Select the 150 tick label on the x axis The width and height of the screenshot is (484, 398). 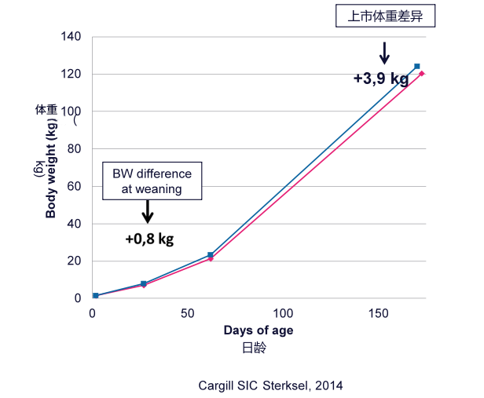pyautogui.click(x=378, y=313)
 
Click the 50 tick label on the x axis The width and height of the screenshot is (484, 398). pyautogui.click(x=187, y=313)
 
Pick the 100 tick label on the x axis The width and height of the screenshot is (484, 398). pyautogui.click(x=283, y=313)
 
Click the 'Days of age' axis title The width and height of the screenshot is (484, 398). pyautogui.click(x=258, y=330)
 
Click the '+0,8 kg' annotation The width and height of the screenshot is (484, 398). pyautogui.click(x=149, y=239)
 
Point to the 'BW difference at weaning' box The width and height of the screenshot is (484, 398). pyautogui.click(x=152, y=181)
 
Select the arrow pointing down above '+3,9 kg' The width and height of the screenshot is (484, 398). pyautogui.click(x=384, y=53)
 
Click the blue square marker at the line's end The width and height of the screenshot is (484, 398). pyautogui.click(x=416, y=66)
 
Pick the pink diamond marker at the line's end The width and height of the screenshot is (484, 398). pyautogui.click(x=422, y=74)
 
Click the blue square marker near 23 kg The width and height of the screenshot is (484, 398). pyautogui.click(x=210, y=255)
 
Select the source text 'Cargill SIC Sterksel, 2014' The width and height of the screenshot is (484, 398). pyautogui.click(x=270, y=385)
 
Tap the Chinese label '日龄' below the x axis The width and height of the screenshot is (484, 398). pyautogui.click(x=258, y=346)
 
